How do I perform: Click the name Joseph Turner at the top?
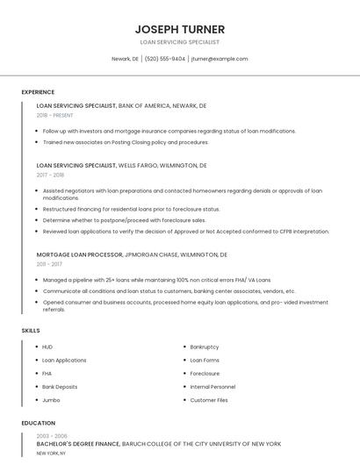[x=179, y=29]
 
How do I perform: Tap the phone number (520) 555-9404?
[x=165, y=59]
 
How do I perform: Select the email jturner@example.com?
[x=220, y=59]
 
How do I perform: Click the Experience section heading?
[x=38, y=92]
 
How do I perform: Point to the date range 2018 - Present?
[x=55, y=115]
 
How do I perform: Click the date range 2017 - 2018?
[x=52, y=175]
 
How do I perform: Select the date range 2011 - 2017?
[x=49, y=264]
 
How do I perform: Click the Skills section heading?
[x=30, y=330]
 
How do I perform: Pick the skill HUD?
[x=47, y=347]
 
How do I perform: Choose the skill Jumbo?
[x=50, y=400]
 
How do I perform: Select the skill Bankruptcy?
[x=205, y=347]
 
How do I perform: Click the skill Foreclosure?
[x=205, y=374]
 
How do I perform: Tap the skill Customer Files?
[x=209, y=400]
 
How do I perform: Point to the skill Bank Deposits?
[x=60, y=387]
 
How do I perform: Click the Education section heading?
[x=38, y=423]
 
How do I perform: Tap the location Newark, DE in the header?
[x=125, y=59]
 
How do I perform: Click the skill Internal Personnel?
[x=212, y=387]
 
